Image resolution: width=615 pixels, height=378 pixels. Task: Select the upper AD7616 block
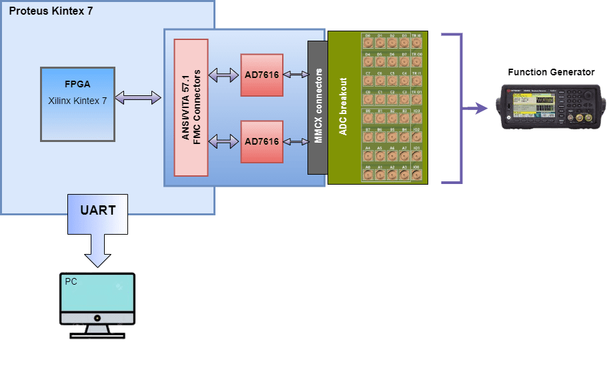[x=261, y=75]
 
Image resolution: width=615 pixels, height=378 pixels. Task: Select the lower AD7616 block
[x=261, y=141]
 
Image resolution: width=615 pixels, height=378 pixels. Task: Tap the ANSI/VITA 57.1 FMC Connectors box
[x=191, y=107]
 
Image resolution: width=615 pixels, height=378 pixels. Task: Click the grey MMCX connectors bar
[x=317, y=107]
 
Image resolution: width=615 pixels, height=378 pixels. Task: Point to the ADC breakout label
[x=344, y=107]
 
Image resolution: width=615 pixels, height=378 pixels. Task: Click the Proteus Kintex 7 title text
[x=51, y=12]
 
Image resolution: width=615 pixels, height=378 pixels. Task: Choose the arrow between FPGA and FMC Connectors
[x=138, y=99]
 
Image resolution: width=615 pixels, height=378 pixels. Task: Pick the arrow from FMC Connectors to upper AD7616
[x=224, y=75]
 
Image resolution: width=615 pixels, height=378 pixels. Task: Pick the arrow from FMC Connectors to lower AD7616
[x=224, y=141]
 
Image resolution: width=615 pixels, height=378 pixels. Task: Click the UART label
[x=97, y=211]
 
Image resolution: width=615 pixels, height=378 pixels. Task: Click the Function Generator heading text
[x=551, y=72]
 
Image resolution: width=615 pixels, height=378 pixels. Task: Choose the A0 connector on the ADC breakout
[x=368, y=175]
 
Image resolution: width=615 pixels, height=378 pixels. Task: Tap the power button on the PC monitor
[x=97, y=318]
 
